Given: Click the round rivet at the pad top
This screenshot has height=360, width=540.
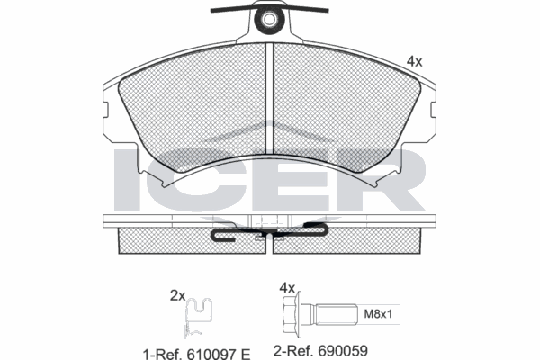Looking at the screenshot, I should coord(269,17).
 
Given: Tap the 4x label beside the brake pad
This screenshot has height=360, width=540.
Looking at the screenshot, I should coord(415,61).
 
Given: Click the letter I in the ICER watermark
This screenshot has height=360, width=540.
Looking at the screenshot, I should coord(129,179).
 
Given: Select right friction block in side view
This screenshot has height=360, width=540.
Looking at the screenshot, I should coord(373,238).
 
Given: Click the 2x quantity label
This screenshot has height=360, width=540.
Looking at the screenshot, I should coord(177,294).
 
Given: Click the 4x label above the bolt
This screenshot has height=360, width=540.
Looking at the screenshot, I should coord(287,287).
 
